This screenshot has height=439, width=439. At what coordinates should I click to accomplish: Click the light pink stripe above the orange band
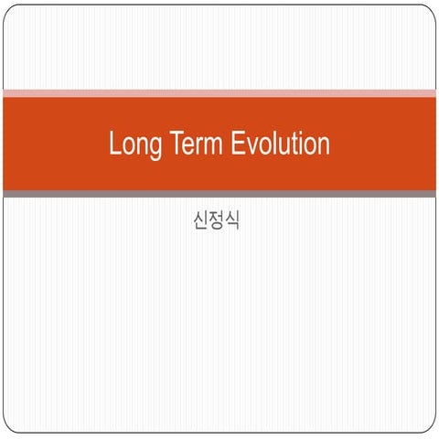[219, 92]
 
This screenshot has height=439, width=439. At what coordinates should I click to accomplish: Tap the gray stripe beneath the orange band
[219, 194]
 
